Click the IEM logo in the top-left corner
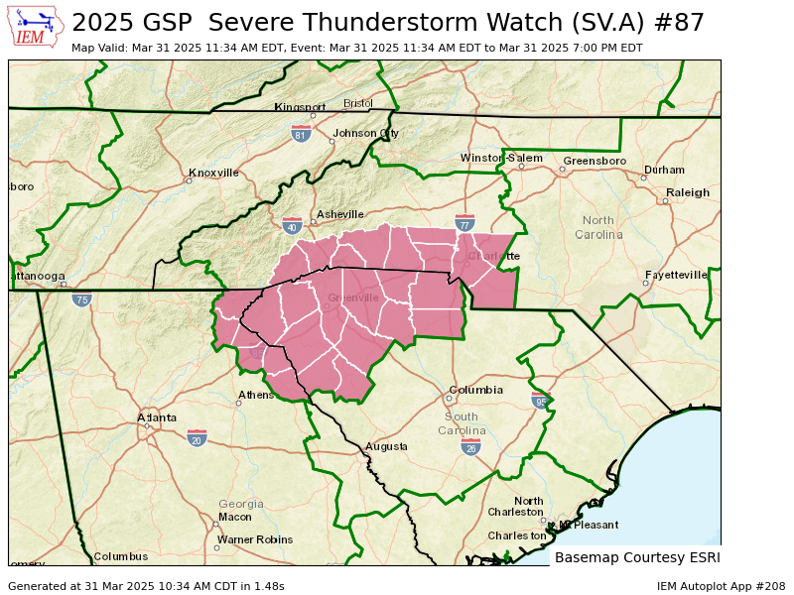[x=37, y=27]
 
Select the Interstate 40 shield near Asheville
[x=292, y=226]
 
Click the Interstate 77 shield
[x=463, y=222]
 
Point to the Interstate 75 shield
[x=81, y=298]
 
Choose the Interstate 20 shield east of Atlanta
[x=197, y=437]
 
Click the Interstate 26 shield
[x=470, y=447]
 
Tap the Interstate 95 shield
[x=540, y=401]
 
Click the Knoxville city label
[x=213, y=173]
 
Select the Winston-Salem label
[x=501, y=158]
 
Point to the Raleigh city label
[x=688, y=192]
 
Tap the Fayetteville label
[x=676, y=275]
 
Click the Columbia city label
[x=475, y=390]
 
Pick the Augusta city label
[x=386, y=446]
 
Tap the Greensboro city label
[x=595, y=161]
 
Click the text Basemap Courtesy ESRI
[x=637, y=557]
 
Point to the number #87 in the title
[x=681, y=23]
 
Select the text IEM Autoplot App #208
[x=721, y=586]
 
